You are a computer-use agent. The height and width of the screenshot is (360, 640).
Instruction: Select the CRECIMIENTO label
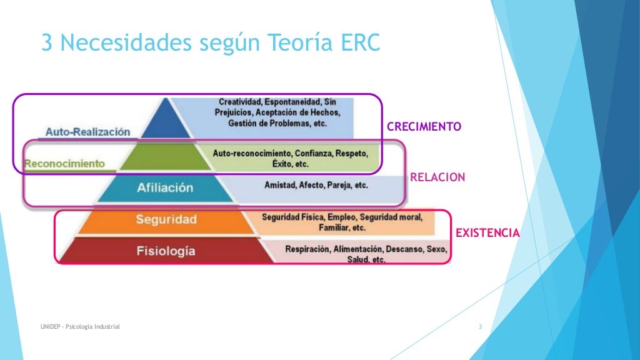pyautogui.click(x=424, y=127)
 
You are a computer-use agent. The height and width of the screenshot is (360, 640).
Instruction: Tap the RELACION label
pyautogui.click(x=437, y=177)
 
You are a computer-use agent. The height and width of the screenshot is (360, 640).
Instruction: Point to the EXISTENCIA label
pyautogui.click(x=487, y=233)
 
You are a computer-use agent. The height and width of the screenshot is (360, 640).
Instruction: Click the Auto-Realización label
pyautogui.click(x=88, y=132)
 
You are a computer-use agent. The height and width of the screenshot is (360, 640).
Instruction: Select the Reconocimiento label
pyautogui.click(x=64, y=163)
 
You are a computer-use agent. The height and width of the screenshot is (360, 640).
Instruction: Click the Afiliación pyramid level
pyautogui.click(x=165, y=187)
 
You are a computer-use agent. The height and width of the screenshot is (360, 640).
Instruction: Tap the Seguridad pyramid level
pyautogui.click(x=166, y=219)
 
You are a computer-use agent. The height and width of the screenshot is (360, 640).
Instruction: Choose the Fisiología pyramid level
pyautogui.click(x=166, y=251)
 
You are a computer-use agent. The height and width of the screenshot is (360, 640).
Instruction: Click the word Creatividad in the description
pyautogui.click(x=240, y=102)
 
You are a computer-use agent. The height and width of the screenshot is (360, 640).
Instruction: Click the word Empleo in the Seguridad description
pyautogui.click(x=337, y=217)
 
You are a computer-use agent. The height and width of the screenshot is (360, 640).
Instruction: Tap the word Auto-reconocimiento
pyautogui.click(x=251, y=153)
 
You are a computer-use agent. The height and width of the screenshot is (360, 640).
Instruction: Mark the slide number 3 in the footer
pyautogui.click(x=480, y=327)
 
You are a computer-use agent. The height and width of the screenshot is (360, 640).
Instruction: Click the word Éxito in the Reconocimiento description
pyautogui.click(x=282, y=164)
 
